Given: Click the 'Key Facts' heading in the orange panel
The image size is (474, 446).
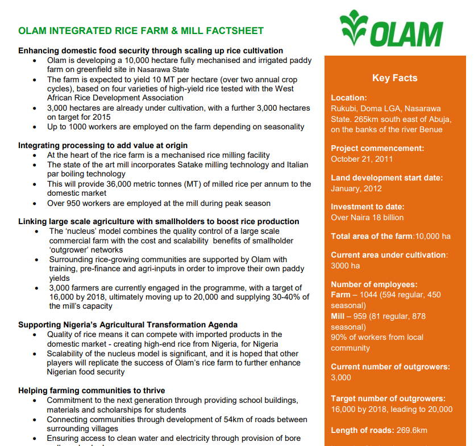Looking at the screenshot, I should pyautogui.click(x=394, y=78).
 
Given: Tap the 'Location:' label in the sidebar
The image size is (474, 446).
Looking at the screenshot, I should pyautogui.click(x=349, y=98).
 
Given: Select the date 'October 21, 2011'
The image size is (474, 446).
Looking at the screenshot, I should pyautogui.click(x=361, y=159).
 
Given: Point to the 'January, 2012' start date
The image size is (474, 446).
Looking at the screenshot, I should pyautogui.click(x=356, y=188).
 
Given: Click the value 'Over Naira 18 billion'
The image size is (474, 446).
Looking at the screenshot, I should pyautogui.click(x=367, y=217).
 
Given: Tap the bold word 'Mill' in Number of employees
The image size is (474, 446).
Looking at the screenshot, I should pyautogui.click(x=338, y=316).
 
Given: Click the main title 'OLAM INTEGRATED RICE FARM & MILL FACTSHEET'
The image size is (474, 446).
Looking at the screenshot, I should pyautogui.click(x=141, y=31).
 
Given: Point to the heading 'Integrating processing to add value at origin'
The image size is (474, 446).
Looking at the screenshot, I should pyautogui.click(x=103, y=146).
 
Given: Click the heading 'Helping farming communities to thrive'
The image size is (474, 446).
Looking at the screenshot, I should pyautogui.click(x=92, y=390).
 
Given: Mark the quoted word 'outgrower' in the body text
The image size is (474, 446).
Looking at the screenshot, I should pyautogui.click(x=70, y=250).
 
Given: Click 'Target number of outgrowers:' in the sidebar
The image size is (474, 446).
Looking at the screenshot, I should pyautogui.click(x=388, y=398).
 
